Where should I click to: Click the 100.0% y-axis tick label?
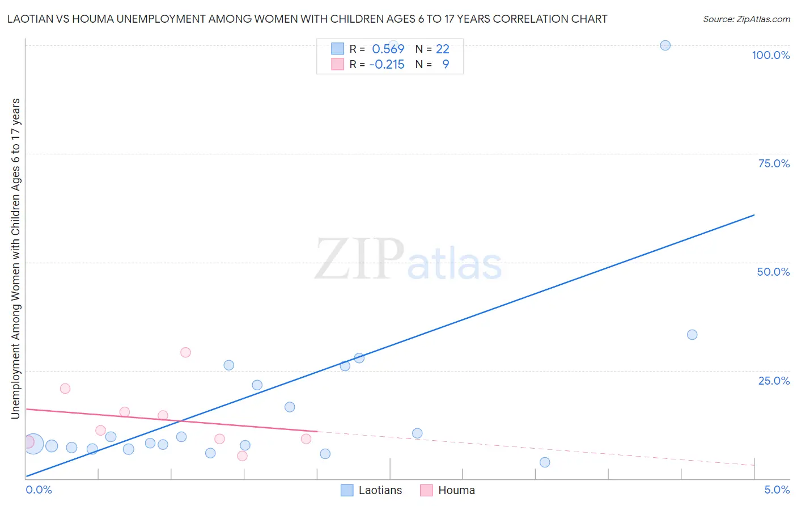pyautogui.click(x=770, y=55)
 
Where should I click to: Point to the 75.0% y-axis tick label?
pyautogui.click(x=774, y=163)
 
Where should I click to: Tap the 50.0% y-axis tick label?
pyautogui.click(x=773, y=272)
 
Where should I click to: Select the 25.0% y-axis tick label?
pyautogui.click(x=774, y=380)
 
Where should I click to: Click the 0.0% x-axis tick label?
pyautogui.click(x=39, y=490)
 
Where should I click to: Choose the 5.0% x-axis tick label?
pyautogui.click(x=777, y=490)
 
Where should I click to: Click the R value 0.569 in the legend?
pyautogui.click(x=388, y=49)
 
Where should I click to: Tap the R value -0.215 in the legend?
pyautogui.click(x=387, y=64)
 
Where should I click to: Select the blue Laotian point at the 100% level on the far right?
pyautogui.click(x=665, y=45)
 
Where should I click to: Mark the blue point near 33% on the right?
pyautogui.click(x=692, y=335)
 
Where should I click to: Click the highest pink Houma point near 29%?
pyautogui.click(x=185, y=352)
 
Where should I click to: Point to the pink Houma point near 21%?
pyautogui.click(x=65, y=389)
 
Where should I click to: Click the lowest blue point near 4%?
pyautogui.click(x=545, y=462)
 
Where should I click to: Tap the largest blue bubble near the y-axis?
pyautogui.click(x=33, y=444)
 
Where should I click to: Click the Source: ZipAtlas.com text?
pyautogui.click(x=746, y=19)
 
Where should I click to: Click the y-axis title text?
pyautogui.click(x=15, y=259)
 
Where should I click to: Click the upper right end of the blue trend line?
pyautogui.click(x=753, y=215)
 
